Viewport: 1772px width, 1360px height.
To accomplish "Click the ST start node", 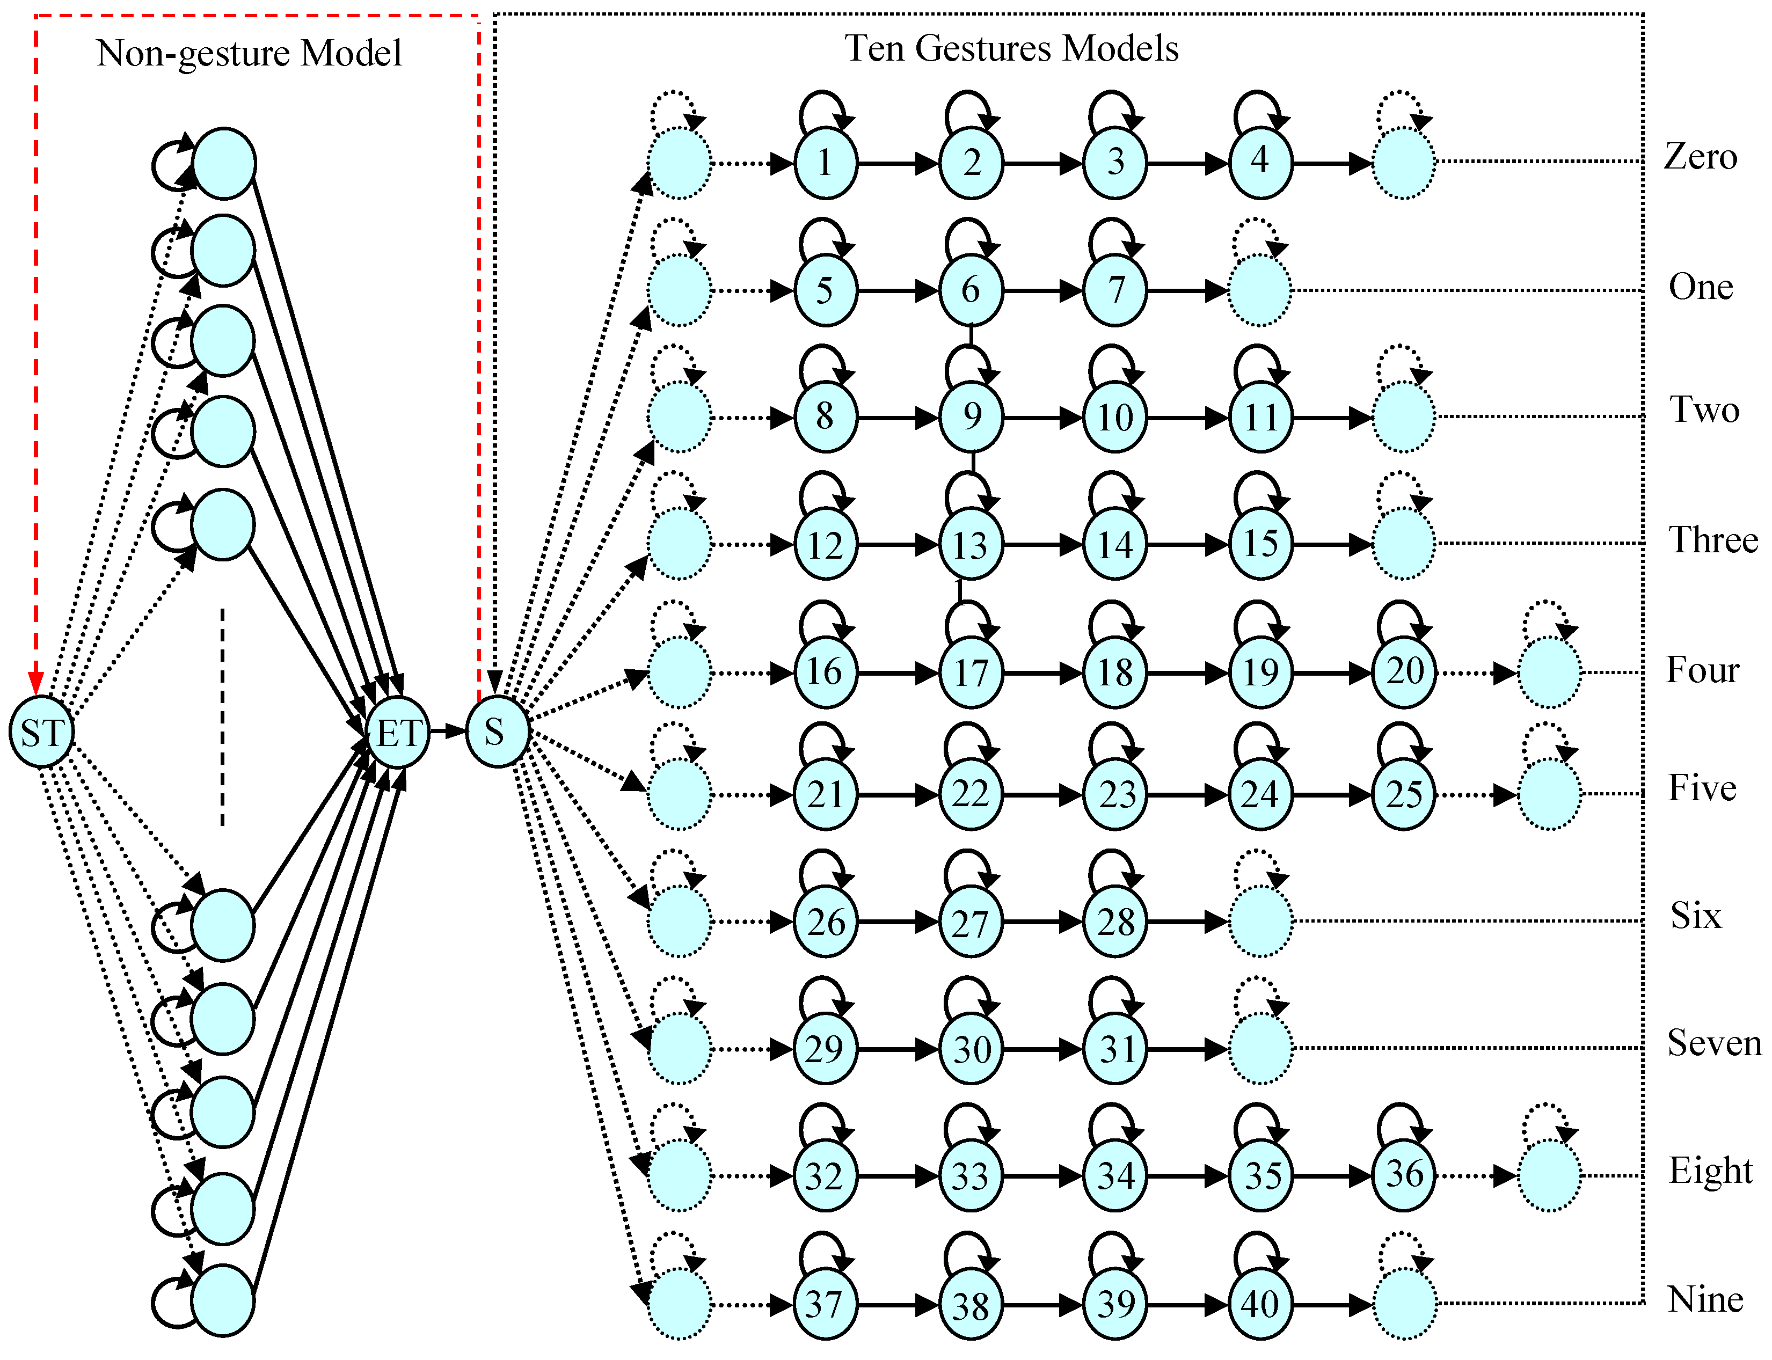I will point(40,732).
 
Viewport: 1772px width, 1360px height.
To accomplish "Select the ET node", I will point(397,732).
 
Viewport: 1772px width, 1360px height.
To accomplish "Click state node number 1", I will point(825,163).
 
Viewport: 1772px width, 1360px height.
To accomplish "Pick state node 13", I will point(971,545).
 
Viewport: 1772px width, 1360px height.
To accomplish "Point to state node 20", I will point(1404,672).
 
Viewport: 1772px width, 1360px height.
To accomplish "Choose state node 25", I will point(1404,794).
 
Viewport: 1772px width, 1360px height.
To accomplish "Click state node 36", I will point(1404,1175).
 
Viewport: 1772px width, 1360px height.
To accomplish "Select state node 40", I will point(1260,1304).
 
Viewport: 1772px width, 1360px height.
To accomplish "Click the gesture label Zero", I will point(1700,156).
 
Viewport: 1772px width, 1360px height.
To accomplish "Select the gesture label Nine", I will point(1705,1299).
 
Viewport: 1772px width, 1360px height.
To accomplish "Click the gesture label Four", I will point(1702,670).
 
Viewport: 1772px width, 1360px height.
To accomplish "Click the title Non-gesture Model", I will point(249,54).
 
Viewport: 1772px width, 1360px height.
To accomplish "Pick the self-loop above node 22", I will point(968,739).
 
